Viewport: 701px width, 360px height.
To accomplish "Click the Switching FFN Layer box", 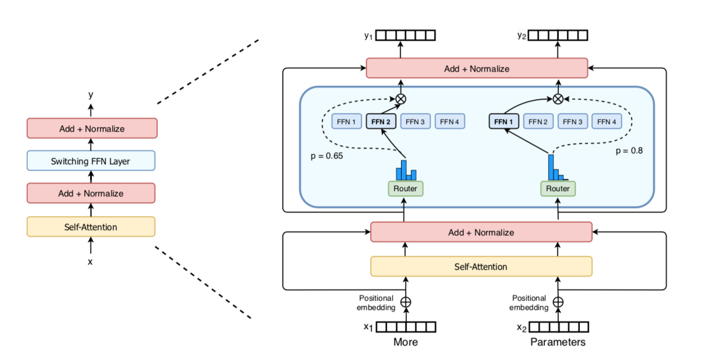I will click(91, 160).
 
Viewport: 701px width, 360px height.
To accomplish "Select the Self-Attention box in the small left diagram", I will click(91, 227).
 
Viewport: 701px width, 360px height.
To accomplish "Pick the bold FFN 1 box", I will click(504, 122).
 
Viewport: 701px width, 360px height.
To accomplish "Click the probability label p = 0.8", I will click(629, 150).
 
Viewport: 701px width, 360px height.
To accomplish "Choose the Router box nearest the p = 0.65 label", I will click(405, 189).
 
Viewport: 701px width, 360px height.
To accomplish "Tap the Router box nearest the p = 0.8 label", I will click(558, 189).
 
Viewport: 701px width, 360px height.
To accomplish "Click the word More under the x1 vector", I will click(405, 342).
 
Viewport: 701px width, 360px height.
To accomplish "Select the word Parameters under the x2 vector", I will click(558, 342).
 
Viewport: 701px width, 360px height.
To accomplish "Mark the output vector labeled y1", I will click(405, 36).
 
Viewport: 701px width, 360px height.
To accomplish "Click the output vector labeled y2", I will click(558, 36).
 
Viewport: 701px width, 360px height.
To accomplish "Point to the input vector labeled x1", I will click(405, 327).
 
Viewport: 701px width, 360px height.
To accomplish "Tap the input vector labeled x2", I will click(558, 327).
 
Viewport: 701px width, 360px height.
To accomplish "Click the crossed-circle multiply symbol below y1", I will click(401, 99).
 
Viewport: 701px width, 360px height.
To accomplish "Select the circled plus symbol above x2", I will click(558, 302).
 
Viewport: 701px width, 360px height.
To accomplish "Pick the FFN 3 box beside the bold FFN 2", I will click(415, 122).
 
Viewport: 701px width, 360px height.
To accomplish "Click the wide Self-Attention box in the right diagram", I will click(481, 266).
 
